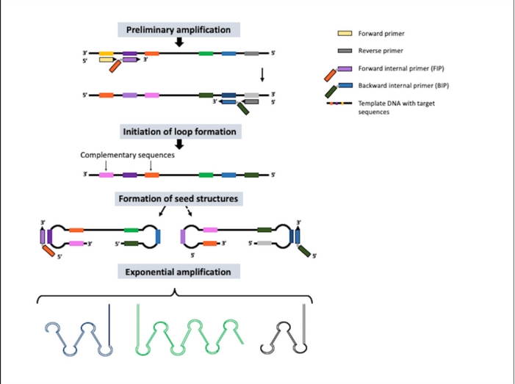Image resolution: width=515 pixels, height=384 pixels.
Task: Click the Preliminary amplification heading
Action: click(x=179, y=30)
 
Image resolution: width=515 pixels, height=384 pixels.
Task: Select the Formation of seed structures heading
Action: click(x=178, y=199)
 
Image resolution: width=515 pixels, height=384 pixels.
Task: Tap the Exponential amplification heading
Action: click(x=178, y=272)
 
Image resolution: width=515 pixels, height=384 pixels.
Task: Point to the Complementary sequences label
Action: click(x=127, y=155)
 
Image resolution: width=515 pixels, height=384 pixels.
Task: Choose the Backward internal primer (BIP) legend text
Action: click(x=400, y=86)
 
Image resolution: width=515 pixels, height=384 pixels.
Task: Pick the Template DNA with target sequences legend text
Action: click(x=396, y=108)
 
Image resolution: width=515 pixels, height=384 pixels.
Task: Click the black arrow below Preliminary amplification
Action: click(x=179, y=43)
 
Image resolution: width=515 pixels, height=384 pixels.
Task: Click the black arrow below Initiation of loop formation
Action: click(x=179, y=144)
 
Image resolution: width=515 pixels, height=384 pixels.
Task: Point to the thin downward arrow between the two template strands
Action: click(x=262, y=75)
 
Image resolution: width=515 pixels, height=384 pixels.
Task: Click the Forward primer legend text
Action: click(x=381, y=34)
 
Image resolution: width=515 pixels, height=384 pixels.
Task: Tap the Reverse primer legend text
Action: click(x=381, y=51)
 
